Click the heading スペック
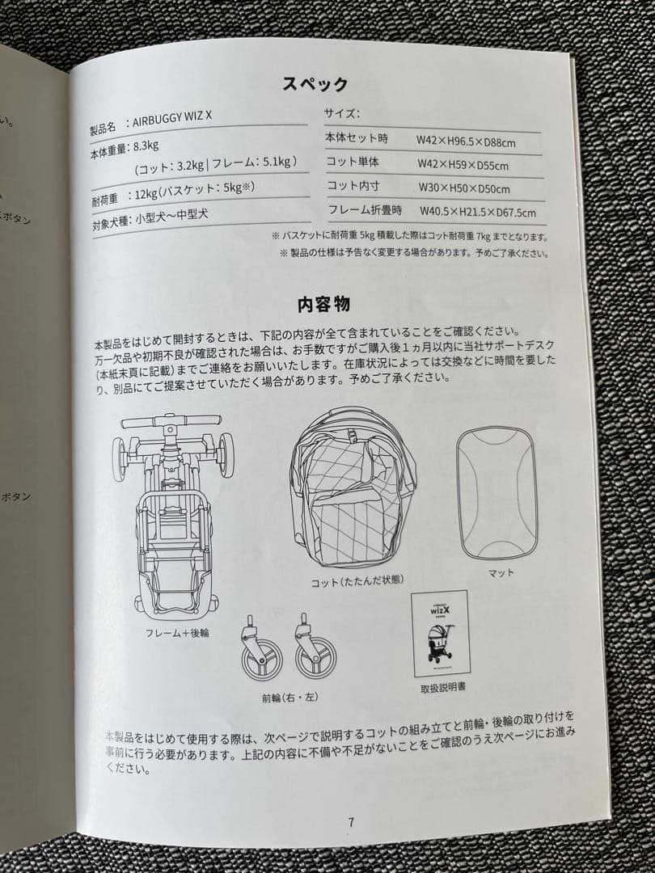315,84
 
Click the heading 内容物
323,305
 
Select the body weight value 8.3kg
145,147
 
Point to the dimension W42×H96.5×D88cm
466,142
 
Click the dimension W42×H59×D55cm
463,166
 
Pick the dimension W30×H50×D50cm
463,189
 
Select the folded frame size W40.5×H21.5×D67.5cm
477,213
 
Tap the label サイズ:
341,113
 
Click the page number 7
351,822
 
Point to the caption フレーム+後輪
177,632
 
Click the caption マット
501,572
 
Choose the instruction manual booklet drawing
442,634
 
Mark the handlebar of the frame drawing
171,421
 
